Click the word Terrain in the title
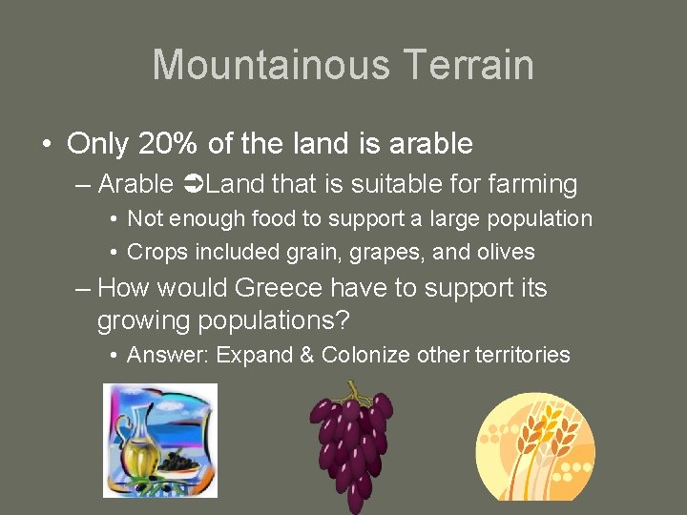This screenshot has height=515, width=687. coord(468,65)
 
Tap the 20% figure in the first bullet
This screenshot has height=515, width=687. coord(169,144)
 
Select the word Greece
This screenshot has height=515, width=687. coord(282,288)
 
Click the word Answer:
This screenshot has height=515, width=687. coord(168,356)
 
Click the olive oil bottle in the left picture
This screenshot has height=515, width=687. coord(139,441)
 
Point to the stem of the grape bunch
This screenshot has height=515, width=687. coord(355,390)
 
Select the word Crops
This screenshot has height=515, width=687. coord(157,253)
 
